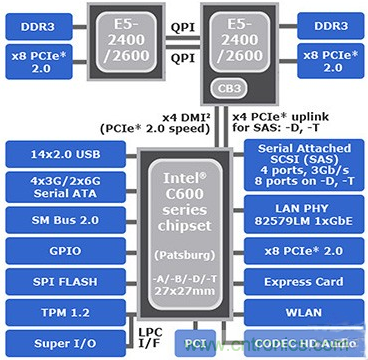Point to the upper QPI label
pyautogui.click(x=184, y=29)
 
